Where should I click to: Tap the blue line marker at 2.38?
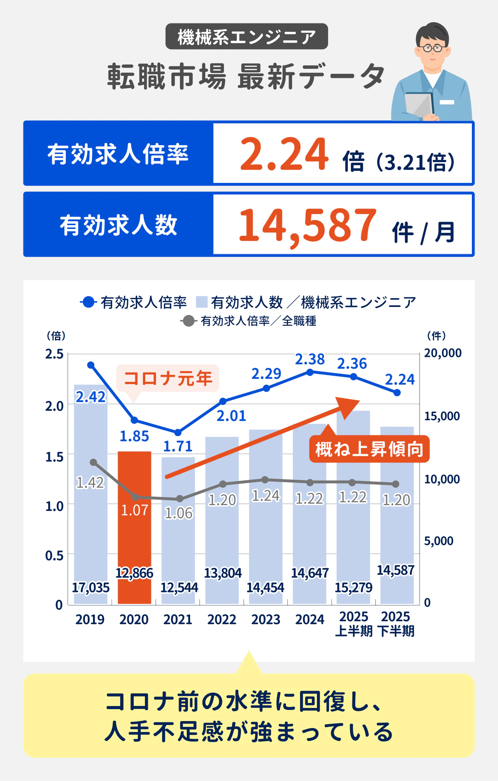310,372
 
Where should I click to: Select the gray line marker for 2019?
93,462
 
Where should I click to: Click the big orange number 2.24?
284,154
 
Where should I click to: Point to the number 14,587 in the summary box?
307,226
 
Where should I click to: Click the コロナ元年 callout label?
168,378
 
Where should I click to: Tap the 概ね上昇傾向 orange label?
369,449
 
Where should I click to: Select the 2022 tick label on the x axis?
222,619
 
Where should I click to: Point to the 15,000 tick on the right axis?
442,416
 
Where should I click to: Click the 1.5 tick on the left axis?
54,457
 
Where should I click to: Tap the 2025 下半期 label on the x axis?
396,624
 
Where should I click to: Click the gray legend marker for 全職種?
188,321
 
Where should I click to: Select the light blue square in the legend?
202,302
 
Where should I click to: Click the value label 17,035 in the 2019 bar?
91,587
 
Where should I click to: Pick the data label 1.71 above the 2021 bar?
178,446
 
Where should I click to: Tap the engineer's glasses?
432,48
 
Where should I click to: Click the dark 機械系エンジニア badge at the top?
247,37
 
